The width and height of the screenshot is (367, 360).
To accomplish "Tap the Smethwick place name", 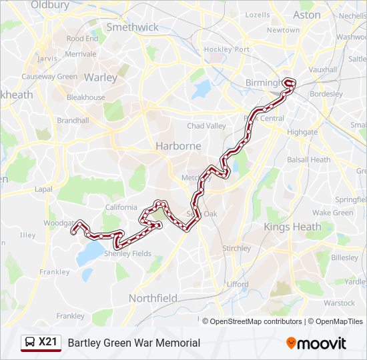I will [x=133, y=27].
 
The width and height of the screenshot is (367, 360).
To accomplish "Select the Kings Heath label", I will [x=292, y=227].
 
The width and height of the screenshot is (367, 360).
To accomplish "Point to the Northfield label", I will [x=153, y=298].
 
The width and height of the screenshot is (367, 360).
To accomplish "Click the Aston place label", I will [x=307, y=15].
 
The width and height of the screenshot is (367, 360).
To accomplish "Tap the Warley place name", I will [x=101, y=77].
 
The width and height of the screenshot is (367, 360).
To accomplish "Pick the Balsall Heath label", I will [x=308, y=160].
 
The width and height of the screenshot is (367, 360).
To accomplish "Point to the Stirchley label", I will [x=236, y=249].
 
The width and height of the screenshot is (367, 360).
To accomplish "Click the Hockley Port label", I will [x=226, y=49].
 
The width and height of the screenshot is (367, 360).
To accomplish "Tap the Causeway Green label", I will [x=49, y=77].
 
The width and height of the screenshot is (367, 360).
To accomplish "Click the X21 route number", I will [x=48, y=343].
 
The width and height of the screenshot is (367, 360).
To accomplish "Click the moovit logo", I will [x=316, y=343].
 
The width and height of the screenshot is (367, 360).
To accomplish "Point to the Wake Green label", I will [x=332, y=213].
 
